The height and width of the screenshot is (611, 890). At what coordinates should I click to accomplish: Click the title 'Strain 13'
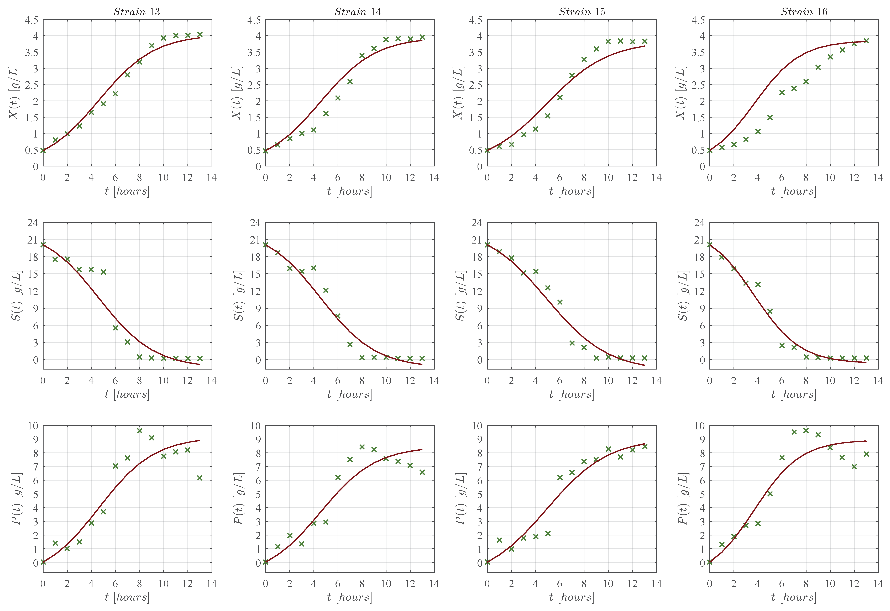[137, 12]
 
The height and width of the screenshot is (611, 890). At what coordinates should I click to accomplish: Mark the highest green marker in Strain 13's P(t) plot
[139, 431]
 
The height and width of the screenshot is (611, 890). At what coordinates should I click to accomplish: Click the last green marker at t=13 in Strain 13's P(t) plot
[200, 478]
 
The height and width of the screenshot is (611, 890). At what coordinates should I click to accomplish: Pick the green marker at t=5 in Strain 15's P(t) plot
[548, 533]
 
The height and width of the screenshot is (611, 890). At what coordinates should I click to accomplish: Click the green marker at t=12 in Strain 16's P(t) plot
[854, 466]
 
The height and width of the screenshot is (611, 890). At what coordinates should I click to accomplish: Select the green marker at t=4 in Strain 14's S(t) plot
[314, 268]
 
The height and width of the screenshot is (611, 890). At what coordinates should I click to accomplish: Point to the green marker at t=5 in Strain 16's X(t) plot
[770, 118]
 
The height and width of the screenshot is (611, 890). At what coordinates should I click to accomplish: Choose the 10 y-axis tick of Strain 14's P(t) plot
[255, 426]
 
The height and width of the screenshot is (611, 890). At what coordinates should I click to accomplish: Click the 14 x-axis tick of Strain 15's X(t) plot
[656, 178]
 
